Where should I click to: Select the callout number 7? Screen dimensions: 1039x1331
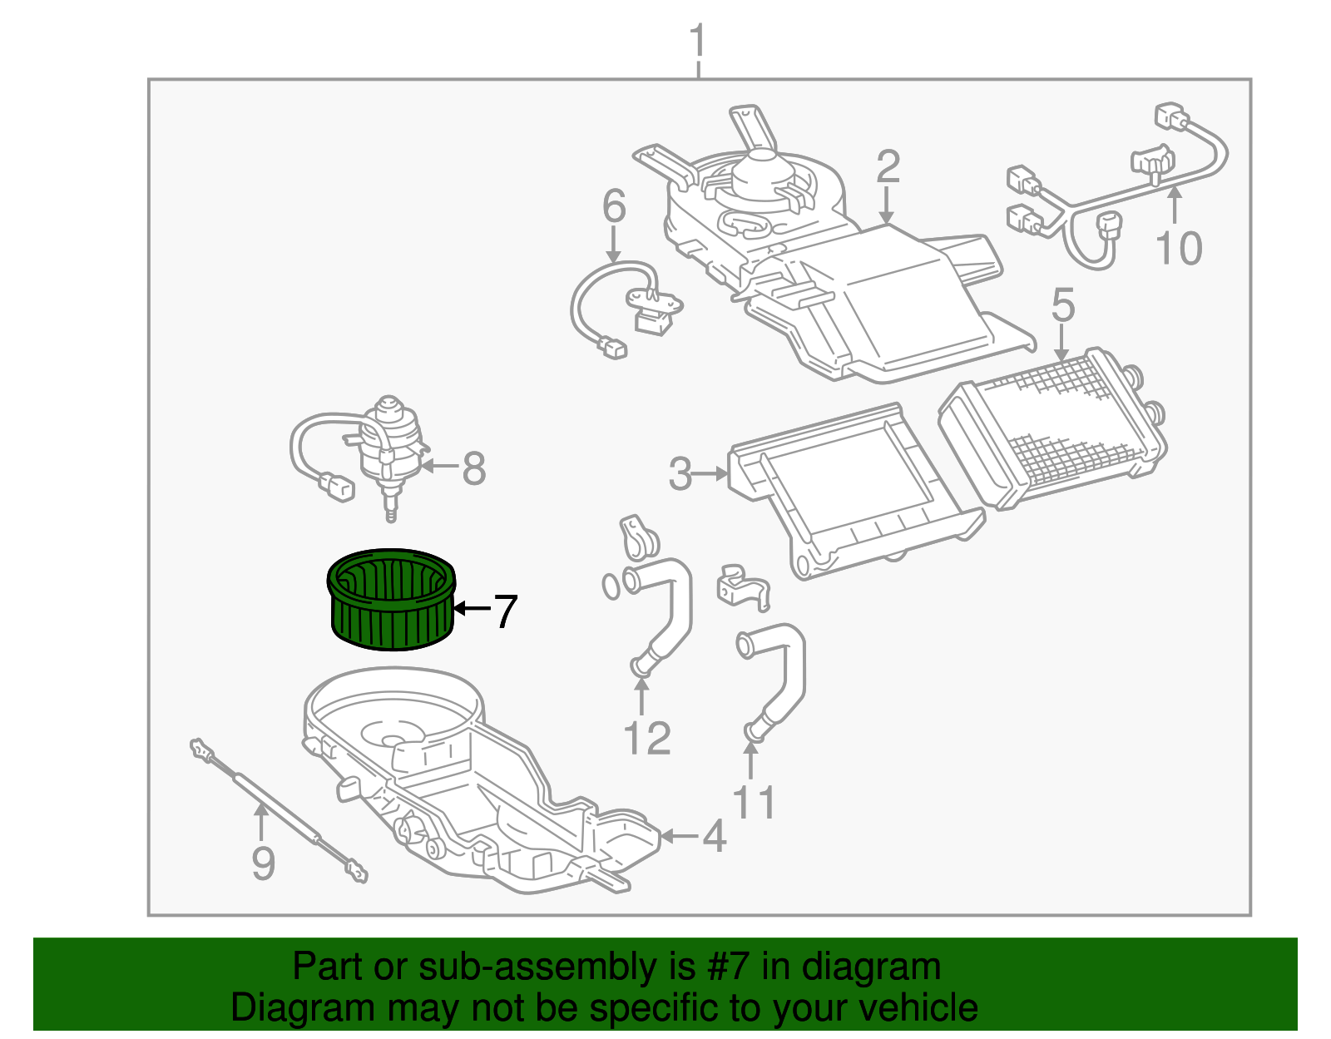505,611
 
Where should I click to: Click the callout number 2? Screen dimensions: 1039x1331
888,167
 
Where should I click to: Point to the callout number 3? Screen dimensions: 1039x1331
680,474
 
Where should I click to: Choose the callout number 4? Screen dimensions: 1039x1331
715,836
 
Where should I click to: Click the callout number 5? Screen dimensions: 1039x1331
1063,305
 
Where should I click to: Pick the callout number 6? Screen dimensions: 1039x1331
613,205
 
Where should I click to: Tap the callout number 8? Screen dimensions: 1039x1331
473,468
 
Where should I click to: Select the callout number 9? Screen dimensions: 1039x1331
263,863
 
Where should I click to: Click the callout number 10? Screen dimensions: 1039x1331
1179,248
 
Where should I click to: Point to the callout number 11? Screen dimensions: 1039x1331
754,803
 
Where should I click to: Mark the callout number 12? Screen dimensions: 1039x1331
646,738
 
